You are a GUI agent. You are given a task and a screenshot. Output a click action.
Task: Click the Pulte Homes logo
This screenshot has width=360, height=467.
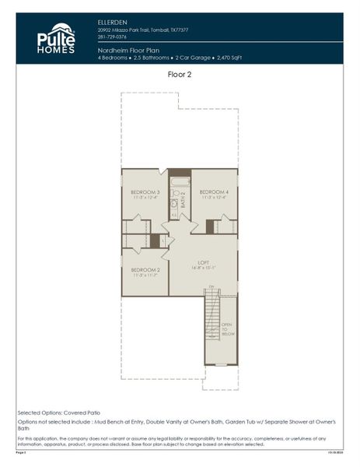coord(56,38)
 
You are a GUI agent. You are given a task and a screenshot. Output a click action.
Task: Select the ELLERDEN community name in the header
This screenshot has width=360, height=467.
coord(112,23)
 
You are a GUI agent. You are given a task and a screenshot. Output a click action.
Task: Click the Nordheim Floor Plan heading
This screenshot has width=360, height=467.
coord(129,49)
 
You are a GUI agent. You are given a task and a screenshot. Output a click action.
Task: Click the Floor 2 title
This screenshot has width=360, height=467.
coord(180,75)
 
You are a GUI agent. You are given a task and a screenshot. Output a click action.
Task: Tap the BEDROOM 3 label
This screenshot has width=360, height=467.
coord(145,191)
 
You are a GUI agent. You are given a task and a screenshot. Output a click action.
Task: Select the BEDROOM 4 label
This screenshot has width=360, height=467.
coord(214,191)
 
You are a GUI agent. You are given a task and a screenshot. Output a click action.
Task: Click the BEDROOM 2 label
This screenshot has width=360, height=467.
coord(145,269)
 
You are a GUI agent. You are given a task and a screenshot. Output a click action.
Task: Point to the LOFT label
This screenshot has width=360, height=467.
coord(203,262)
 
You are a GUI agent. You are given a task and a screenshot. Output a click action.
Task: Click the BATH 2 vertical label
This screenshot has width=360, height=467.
coord(183,201)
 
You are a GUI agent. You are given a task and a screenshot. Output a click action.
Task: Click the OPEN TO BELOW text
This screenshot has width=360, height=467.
coord(226,330)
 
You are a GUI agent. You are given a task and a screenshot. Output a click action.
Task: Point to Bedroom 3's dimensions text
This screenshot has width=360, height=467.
coord(145,198)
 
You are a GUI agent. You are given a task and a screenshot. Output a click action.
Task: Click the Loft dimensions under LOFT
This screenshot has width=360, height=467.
coord(203,268)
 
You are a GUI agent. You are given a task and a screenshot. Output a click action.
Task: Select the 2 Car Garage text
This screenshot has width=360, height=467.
coord(194,57)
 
